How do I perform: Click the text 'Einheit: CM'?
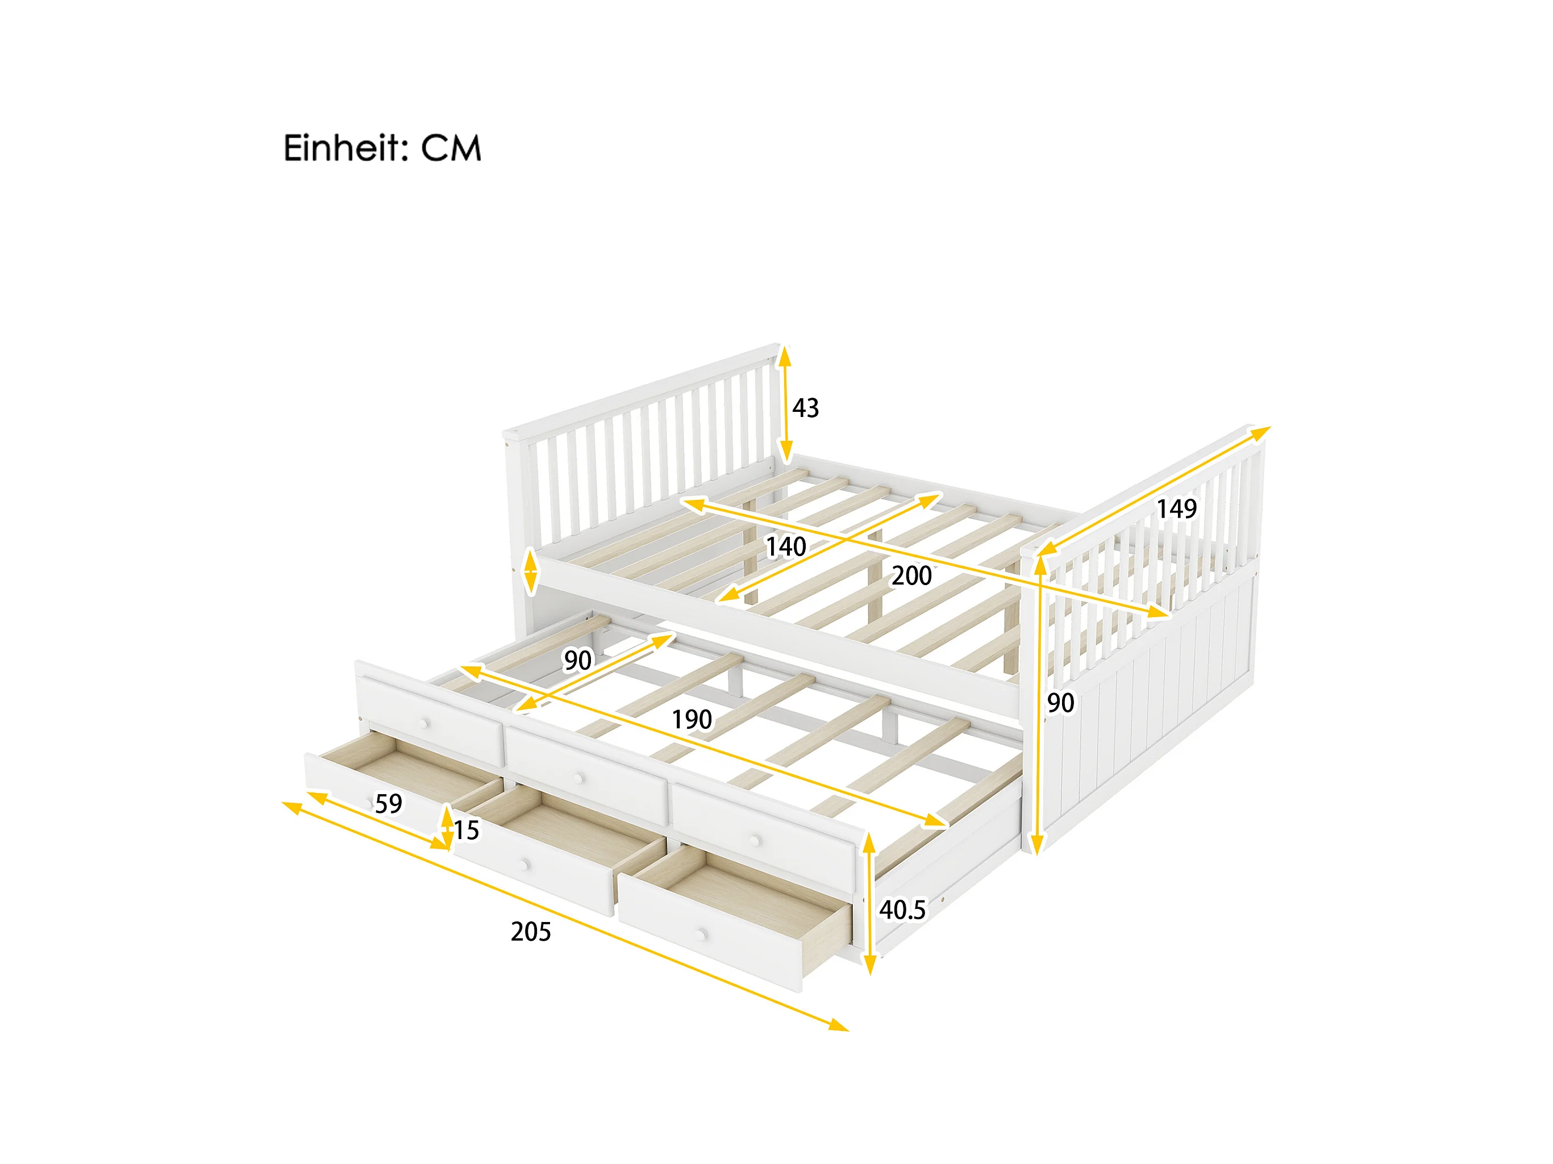pos(382,148)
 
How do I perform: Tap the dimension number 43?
pos(805,408)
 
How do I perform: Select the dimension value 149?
pos(1176,508)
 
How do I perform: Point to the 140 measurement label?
pos(786,546)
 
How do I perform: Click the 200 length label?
pos(911,575)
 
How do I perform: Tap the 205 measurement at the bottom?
pos(531,932)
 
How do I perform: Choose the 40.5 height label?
pos(902,910)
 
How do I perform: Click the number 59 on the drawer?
pos(388,804)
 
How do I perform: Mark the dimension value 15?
pos(465,831)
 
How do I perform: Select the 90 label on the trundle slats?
pos(577,660)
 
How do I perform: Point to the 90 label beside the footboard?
pos(1060,703)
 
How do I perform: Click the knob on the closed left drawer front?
pos(424,723)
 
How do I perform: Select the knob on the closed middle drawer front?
pos(579,778)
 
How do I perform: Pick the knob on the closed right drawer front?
pos(756,840)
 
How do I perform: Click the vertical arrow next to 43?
pos(785,404)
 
